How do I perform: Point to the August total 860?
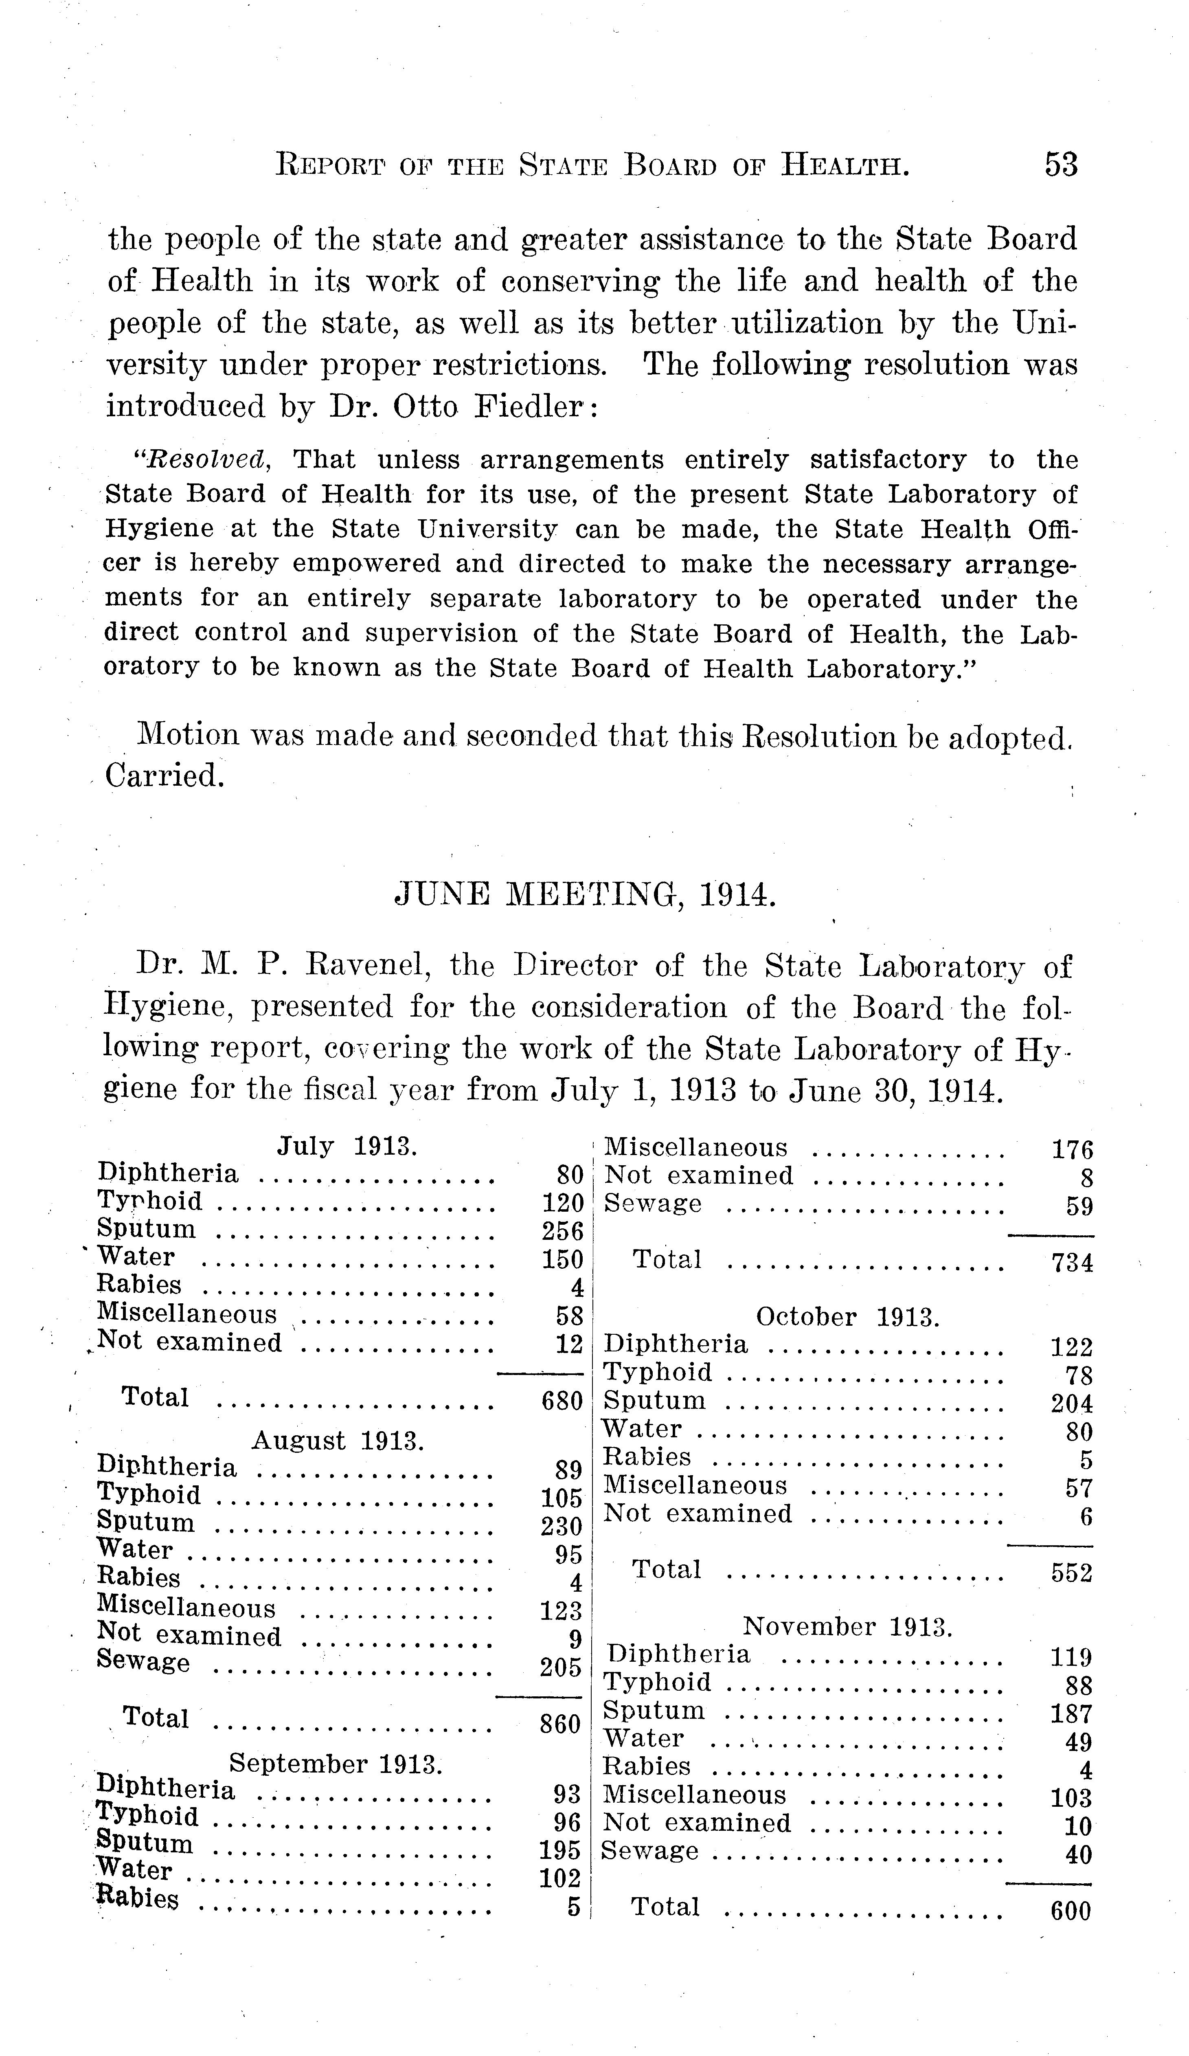click(560, 1724)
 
